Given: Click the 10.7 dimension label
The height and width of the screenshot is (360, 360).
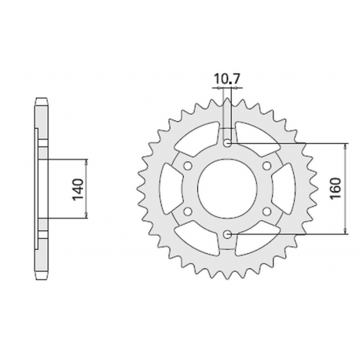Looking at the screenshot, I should (226, 79).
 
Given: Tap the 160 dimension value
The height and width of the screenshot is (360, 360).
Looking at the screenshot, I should (336, 189).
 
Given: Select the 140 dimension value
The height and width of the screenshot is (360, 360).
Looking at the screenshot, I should (77, 189).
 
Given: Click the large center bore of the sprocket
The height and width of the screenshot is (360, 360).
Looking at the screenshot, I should (226, 189).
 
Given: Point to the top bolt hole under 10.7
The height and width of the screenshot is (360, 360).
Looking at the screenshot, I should (226, 144).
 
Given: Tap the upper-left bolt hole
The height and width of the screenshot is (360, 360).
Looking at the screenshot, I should (188, 166).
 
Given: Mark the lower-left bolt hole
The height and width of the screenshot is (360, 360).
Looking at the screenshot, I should (188, 211).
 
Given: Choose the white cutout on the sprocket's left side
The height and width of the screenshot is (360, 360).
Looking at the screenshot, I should (168, 189).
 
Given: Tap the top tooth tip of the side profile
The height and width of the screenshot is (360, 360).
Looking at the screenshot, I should (41, 101).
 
